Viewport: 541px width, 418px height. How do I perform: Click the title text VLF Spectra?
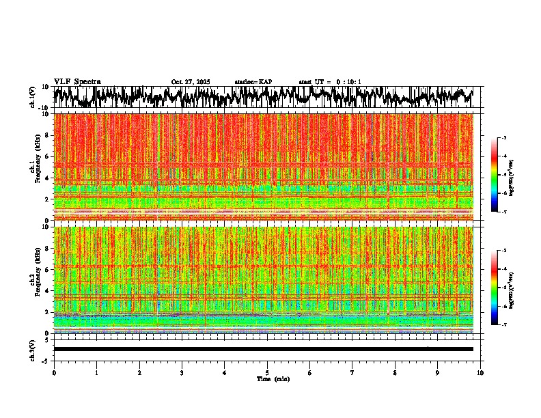tap(77, 82)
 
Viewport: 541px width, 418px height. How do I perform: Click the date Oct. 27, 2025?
tap(191, 82)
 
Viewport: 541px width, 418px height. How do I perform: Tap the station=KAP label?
tap(253, 82)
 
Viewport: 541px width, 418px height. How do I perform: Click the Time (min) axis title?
tap(273, 378)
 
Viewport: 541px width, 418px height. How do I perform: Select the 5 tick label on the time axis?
tap(267, 372)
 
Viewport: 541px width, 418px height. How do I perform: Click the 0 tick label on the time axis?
tap(54, 372)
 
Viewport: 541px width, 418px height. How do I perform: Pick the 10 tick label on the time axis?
tap(480, 372)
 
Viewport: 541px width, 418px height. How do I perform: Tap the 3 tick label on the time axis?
tap(182, 372)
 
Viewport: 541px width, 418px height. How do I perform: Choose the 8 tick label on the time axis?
tap(395, 372)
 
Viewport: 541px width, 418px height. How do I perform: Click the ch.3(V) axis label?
tap(33, 349)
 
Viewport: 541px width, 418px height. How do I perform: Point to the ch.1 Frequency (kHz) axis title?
tap(35, 167)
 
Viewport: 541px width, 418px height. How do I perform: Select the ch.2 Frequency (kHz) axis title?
tap(35, 279)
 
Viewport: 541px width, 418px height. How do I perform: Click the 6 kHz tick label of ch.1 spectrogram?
tap(47, 156)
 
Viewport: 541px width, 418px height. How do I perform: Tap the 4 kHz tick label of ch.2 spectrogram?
tap(47, 291)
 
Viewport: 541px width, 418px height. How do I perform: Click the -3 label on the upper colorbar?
tap(503, 139)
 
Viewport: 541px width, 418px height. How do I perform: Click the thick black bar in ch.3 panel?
tap(263, 349)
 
